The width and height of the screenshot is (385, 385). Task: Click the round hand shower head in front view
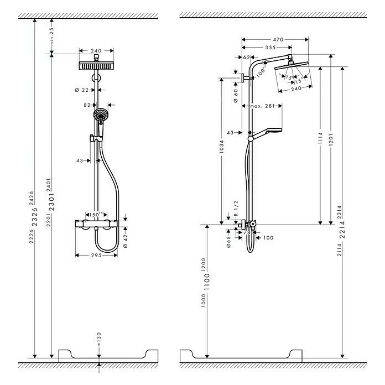100,115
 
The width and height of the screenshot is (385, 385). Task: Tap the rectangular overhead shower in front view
96,65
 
